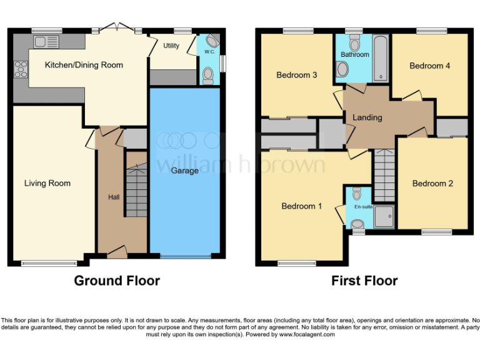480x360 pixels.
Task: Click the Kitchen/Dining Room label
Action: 84,65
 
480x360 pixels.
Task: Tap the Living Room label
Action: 47,183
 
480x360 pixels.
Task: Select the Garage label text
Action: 185,171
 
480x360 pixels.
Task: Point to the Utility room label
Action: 171,46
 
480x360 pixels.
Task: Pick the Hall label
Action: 114,197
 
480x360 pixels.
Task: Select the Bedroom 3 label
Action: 297,75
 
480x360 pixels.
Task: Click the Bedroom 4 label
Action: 430,66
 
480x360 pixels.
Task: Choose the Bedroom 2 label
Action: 432,183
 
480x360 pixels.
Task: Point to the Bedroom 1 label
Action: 302,206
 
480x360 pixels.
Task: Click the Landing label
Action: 367,117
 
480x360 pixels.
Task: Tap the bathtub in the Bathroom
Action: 380,59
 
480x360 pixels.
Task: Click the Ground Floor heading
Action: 117,281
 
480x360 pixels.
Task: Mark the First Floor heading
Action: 364,281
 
